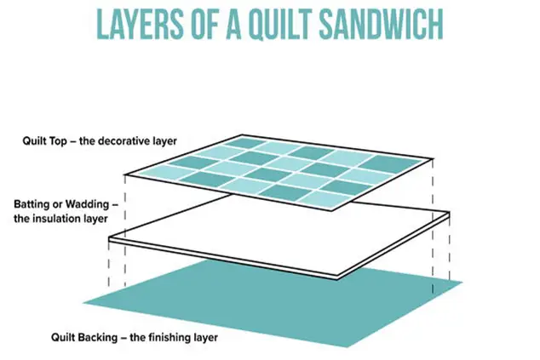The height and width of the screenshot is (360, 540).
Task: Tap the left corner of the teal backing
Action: (86, 302)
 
